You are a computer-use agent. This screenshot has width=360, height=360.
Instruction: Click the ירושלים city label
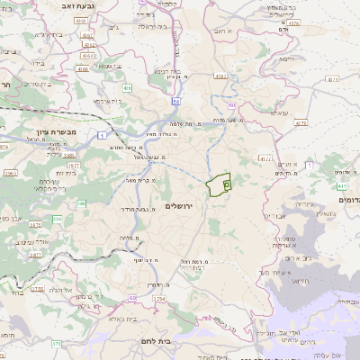click(187, 206)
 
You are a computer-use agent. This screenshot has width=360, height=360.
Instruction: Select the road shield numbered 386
click(81, 204)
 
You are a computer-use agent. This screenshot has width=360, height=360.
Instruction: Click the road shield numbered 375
click(57, 343)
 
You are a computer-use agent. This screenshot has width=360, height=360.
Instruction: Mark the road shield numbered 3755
click(37, 289)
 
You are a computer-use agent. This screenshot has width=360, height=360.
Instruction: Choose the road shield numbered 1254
click(159, 298)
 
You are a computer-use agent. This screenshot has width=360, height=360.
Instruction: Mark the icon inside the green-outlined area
click(226, 183)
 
